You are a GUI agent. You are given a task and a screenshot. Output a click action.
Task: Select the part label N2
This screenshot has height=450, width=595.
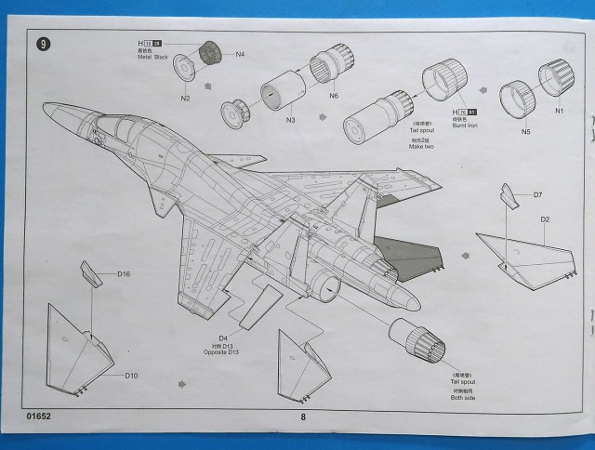coord(186,98)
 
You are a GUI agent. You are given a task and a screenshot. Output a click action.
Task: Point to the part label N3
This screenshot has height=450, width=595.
coord(290,119)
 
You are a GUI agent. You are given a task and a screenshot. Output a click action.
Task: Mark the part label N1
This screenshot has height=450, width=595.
coord(559,112)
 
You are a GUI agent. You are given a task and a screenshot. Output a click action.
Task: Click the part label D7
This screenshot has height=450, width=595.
coord(537,194)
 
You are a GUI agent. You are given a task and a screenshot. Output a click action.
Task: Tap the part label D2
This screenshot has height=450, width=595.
coord(547,219)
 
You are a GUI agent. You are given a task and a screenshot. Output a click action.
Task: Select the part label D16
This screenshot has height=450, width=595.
coord(125,274)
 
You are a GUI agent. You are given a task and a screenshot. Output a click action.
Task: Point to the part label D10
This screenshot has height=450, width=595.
coord(132,376)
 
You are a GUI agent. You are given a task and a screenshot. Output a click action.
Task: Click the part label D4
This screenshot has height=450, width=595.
coord(223,337)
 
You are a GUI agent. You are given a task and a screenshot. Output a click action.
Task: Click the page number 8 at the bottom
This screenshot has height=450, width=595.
coord(303,417)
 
